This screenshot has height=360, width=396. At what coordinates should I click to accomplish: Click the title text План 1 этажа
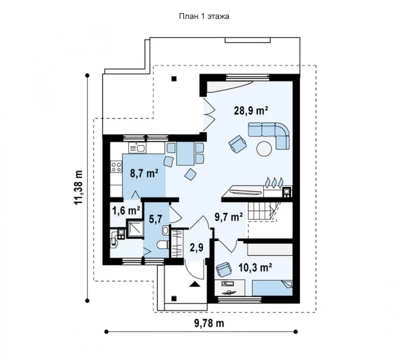204,16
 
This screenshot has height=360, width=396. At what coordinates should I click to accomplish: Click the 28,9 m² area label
251,111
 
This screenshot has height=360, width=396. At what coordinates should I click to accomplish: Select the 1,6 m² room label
126,211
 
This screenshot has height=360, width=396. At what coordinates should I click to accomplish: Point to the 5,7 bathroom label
155,219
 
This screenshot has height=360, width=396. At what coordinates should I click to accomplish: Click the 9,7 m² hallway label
228,217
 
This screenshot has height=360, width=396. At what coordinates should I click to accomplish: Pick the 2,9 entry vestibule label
196,247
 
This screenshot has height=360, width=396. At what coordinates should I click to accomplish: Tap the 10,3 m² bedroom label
255,267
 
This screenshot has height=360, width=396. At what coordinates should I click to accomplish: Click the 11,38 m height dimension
78,187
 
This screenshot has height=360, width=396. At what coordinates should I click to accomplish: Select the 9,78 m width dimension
209,323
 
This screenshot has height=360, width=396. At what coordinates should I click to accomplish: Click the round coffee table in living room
264,149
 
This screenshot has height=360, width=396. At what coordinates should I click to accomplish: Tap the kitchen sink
137,147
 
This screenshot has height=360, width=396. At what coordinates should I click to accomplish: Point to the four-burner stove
116,167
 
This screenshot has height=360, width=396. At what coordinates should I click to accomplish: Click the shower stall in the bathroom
135,229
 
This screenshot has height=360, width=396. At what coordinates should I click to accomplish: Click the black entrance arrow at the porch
195,284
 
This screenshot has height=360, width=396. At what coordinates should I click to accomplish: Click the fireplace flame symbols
274,182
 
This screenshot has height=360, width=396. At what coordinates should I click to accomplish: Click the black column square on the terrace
174,79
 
